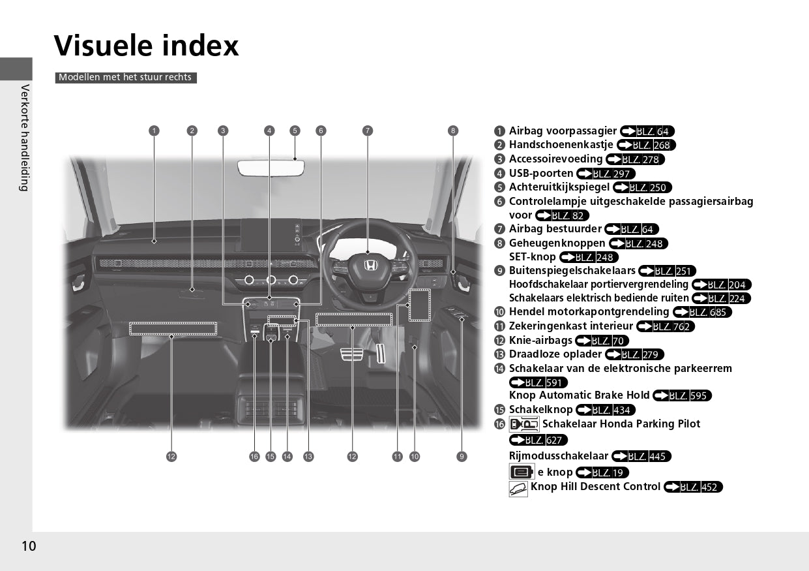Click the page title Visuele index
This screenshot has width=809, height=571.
(146, 46)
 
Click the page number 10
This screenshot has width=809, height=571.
(29, 546)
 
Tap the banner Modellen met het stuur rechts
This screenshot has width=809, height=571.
(126, 78)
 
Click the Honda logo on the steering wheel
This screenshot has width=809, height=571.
(370, 266)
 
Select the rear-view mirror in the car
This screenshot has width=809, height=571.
(271, 168)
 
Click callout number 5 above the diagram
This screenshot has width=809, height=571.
(295, 131)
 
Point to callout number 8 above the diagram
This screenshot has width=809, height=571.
(453, 131)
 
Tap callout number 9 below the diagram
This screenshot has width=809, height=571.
(462, 456)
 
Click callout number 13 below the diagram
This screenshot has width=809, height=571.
(308, 456)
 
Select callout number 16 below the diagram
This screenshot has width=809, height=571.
(254, 456)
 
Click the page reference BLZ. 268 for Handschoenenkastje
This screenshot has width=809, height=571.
(646, 145)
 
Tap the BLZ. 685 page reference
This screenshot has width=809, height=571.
(703, 312)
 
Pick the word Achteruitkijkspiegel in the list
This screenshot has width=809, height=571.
(559, 187)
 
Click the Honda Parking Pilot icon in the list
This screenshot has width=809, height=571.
(524, 424)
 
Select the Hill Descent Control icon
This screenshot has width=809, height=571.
(518, 489)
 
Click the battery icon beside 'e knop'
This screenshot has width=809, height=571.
(522, 472)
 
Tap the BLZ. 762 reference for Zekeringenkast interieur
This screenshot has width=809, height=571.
(666, 326)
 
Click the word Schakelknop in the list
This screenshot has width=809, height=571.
(540, 410)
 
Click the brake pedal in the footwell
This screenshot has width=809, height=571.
(352, 354)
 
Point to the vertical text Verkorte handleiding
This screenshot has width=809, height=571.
(25, 138)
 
